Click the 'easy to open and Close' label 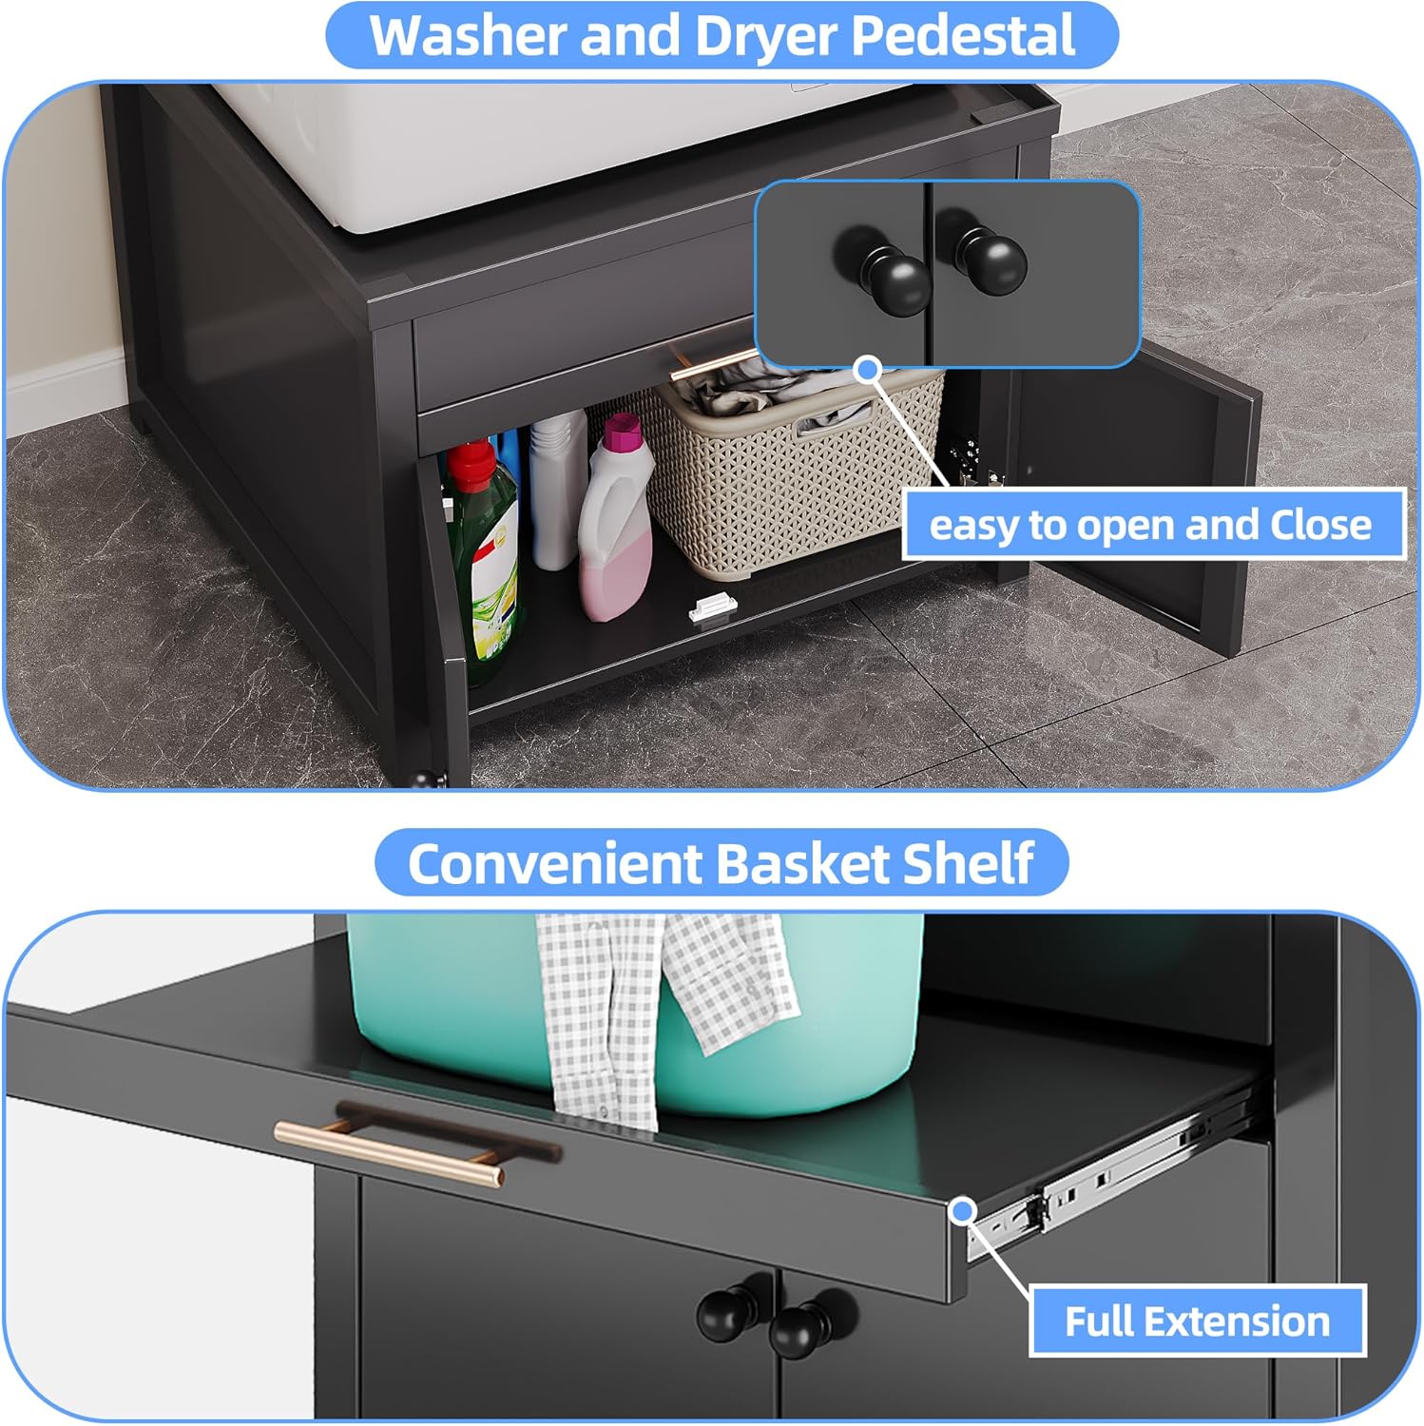click(x=1151, y=525)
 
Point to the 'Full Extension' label click(x=1197, y=1321)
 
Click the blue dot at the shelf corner click(x=963, y=1210)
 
